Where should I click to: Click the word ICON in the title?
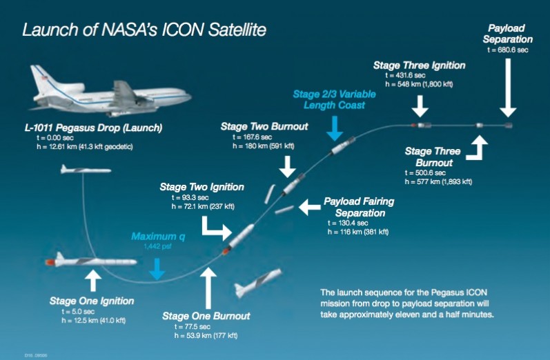tap(182, 30)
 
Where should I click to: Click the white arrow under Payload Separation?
tap(508, 88)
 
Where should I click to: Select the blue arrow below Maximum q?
tap(157, 269)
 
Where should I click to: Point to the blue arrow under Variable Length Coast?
tap(335, 128)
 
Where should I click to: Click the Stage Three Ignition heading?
tap(419, 66)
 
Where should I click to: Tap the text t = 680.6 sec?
tap(507, 50)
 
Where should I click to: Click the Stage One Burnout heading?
tap(206, 316)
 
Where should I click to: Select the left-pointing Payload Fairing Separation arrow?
tap(309, 207)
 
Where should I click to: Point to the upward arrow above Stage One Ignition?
tap(93, 280)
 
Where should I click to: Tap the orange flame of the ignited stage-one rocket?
tap(51, 262)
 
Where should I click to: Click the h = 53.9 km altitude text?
tap(206, 335)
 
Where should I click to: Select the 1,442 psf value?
tap(157, 246)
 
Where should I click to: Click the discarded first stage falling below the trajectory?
tap(257, 283)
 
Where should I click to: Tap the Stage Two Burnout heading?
tap(264, 126)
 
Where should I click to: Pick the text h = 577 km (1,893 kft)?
tap(438, 181)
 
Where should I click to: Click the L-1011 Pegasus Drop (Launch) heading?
tap(93, 128)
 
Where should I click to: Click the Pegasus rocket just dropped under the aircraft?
tap(86, 170)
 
